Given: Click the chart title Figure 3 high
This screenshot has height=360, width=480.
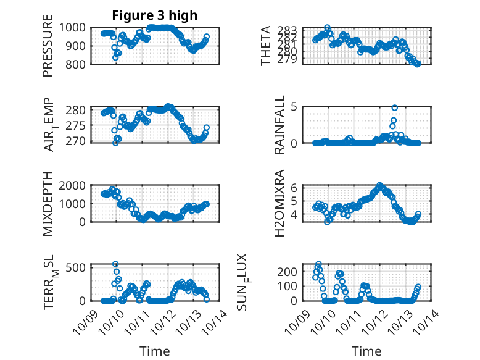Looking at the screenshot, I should point(155,15).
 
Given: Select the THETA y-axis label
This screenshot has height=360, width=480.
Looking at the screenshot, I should point(266,46).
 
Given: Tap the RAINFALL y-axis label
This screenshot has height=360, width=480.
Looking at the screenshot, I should point(279,125).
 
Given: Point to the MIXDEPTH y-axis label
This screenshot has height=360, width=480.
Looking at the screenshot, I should point(48,204).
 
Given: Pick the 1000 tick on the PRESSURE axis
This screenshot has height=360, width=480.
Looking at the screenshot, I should point(75,28).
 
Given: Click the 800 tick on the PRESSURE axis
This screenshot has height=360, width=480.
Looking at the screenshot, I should point(78,64).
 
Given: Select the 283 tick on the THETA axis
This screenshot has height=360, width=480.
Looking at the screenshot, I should point(292,30).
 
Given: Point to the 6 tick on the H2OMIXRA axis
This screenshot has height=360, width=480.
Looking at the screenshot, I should point(295,187).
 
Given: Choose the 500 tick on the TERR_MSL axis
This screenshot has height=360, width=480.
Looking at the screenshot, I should point(78,267).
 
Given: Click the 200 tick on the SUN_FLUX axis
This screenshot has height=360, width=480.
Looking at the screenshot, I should point(292,271).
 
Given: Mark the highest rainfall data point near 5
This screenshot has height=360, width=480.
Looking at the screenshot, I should point(394,107).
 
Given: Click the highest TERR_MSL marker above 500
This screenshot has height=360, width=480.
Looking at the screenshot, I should point(115,264).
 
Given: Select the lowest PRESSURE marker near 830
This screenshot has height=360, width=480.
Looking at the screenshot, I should point(115,58).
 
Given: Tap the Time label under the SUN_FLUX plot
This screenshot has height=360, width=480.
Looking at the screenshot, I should point(366,351).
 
